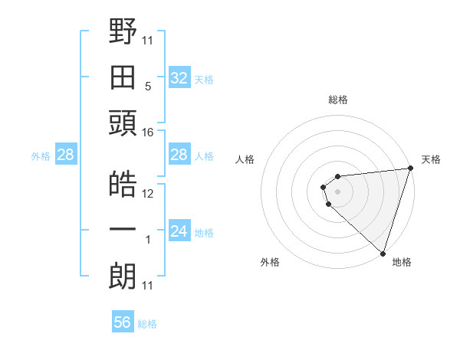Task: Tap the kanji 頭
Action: pyautogui.click(x=123, y=123)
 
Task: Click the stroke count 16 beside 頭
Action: pyautogui.click(x=148, y=133)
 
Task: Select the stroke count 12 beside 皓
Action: pyautogui.click(x=148, y=194)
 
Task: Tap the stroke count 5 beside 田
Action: pyautogui.click(x=148, y=87)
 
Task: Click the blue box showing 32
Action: pyautogui.click(x=179, y=78)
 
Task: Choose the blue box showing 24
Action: pyautogui.click(x=179, y=231)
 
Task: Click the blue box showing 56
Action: pyautogui.click(x=123, y=322)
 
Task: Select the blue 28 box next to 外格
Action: pyautogui.click(x=65, y=155)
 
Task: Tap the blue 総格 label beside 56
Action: pyautogui.click(x=147, y=324)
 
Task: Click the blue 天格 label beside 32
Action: pyautogui.click(x=203, y=80)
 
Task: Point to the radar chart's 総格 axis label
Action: pyautogui.click(x=338, y=100)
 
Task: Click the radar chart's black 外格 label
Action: pyautogui.click(x=270, y=262)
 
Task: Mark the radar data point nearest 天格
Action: pyautogui.click(x=411, y=169)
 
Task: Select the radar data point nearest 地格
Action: pyautogui.click(x=383, y=253)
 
